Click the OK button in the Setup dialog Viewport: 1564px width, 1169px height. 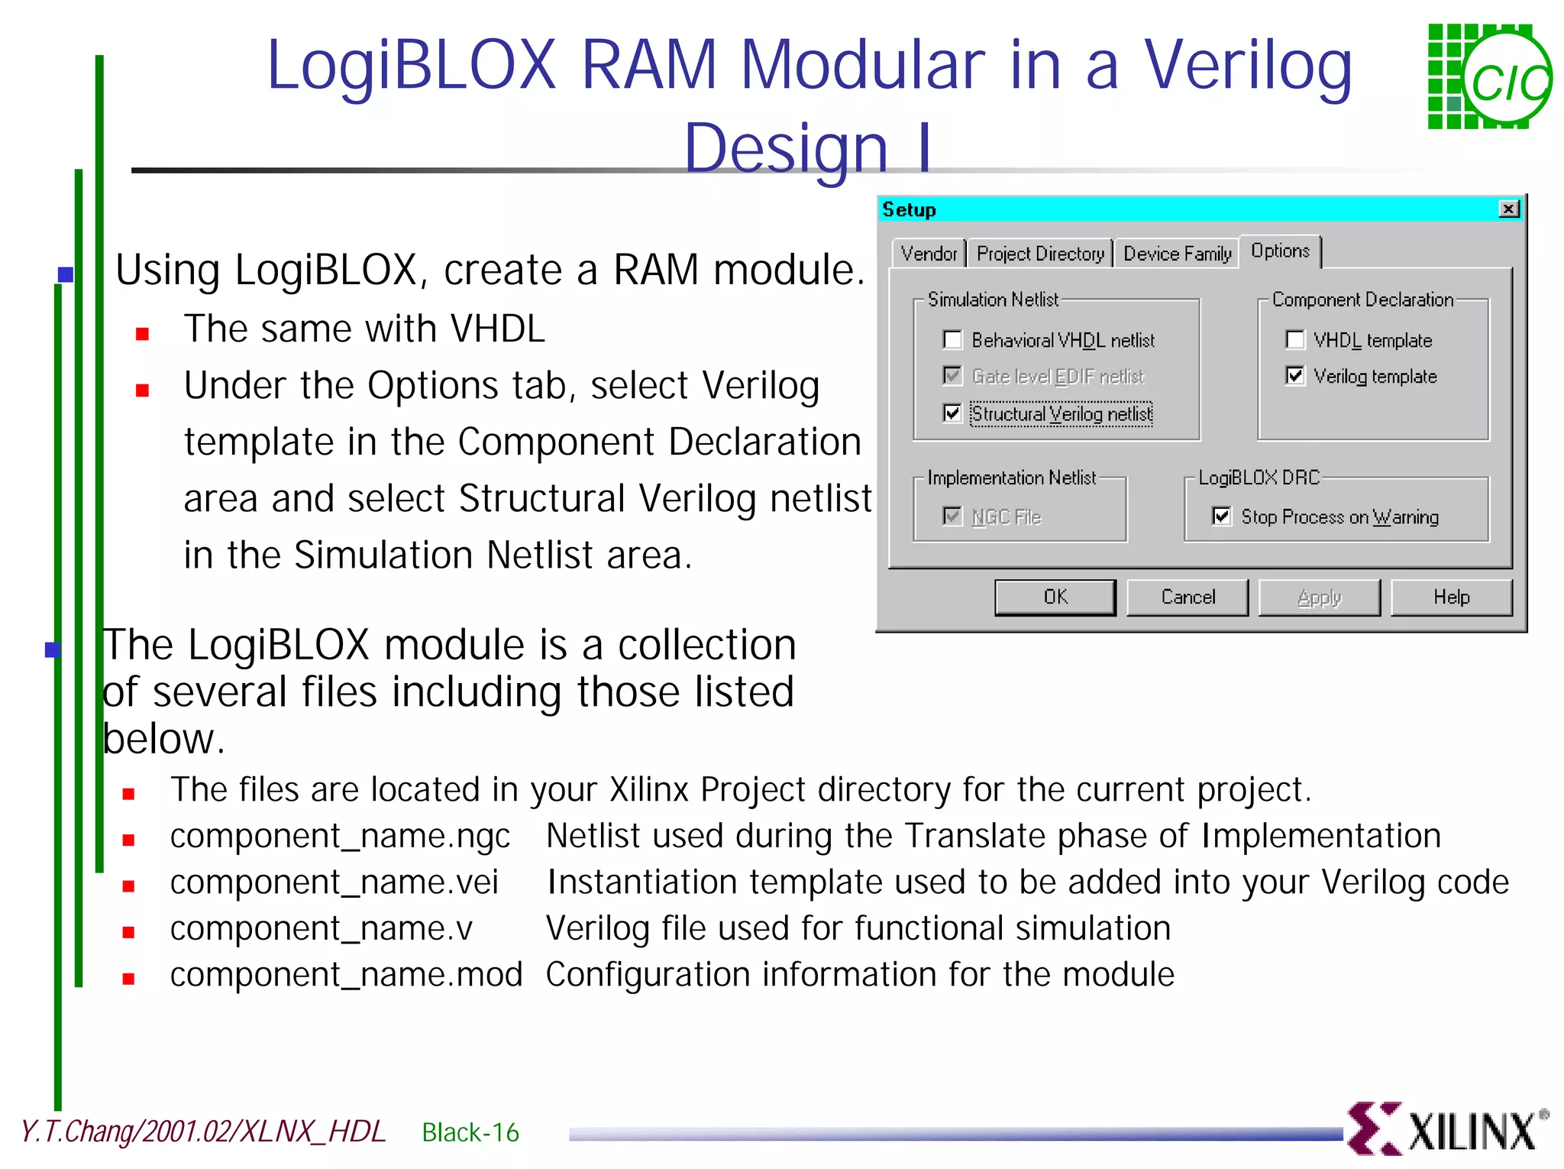point(1055,597)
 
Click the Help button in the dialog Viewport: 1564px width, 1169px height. point(1451,597)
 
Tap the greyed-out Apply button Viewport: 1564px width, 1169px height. point(1319,597)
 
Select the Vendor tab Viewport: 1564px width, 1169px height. point(928,254)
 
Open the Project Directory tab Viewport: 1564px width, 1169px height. point(1040,254)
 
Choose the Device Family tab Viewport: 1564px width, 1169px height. point(1177,254)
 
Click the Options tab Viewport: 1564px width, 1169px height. point(1280,251)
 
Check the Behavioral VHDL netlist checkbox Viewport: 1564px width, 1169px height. point(952,339)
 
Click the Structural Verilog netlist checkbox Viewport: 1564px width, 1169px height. point(952,413)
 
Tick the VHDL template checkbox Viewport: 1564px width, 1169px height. point(1295,339)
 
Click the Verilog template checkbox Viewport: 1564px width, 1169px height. point(1295,375)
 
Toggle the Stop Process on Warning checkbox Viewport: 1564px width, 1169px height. point(1221,516)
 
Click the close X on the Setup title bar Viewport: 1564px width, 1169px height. point(1508,209)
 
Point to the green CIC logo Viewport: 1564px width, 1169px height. point(1488,77)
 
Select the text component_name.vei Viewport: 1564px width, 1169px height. point(334,882)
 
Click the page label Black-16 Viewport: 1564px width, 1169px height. point(470,1132)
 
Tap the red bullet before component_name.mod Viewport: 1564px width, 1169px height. point(128,978)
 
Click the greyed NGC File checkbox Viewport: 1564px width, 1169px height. point(952,516)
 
